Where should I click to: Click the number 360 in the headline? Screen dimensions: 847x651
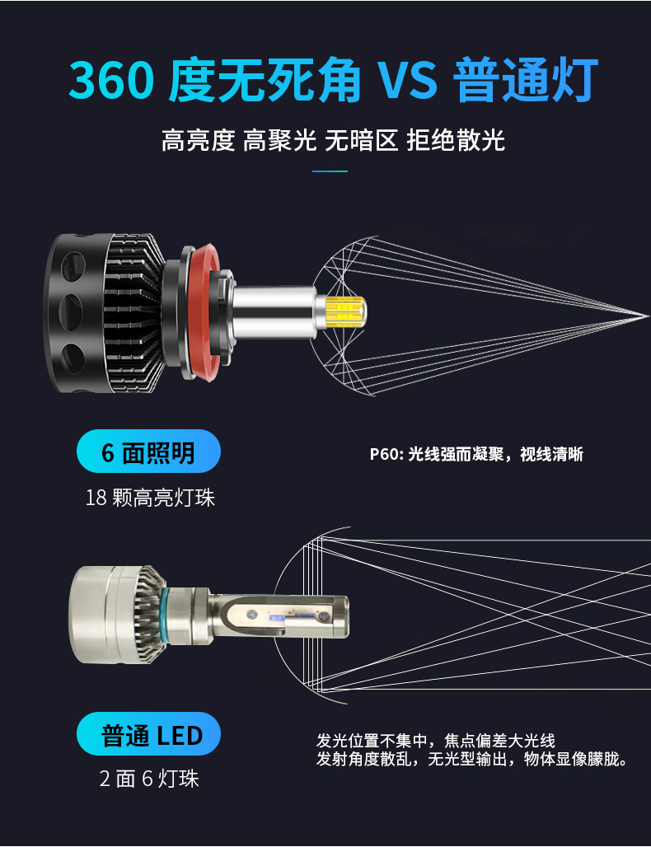tap(112, 82)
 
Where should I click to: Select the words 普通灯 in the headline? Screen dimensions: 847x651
tap(525, 82)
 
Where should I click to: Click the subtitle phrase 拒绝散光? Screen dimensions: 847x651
tap(455, 141)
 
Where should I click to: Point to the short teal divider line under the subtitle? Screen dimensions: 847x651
tap(330, 171)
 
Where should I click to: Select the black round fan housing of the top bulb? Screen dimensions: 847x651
tap(78, 313)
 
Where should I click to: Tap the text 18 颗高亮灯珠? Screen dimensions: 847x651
tap(150, 497)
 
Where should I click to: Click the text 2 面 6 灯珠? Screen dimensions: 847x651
tap(149, 779)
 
